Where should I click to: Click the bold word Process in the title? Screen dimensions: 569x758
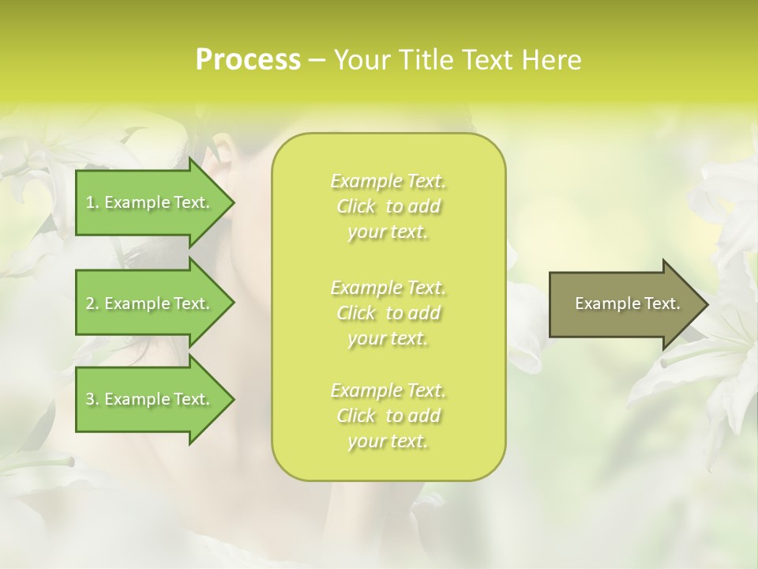pos(248,60)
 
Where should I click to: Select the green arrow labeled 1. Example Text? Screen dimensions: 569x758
pos(150,203)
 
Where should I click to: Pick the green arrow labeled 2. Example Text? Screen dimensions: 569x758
pos(150,303)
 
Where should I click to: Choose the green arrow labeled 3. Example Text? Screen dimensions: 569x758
pos(150,399)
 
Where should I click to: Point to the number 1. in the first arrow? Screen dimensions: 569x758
pos(92,203)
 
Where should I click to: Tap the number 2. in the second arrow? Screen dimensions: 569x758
pos(92,303)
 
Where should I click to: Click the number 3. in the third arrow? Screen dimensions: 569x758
pos(92,399)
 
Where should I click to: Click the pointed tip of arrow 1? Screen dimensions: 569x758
pos(231,203)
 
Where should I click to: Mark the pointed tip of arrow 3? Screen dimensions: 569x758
pos(231,399)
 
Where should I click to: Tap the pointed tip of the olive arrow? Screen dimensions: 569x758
pos(706,304)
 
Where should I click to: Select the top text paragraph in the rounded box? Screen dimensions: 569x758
pos(388,206)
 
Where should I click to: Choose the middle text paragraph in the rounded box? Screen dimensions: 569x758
pos(388,313)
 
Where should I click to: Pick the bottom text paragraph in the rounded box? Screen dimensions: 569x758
pos(388,416)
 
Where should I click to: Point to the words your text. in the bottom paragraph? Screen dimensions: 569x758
pos(388,442)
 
